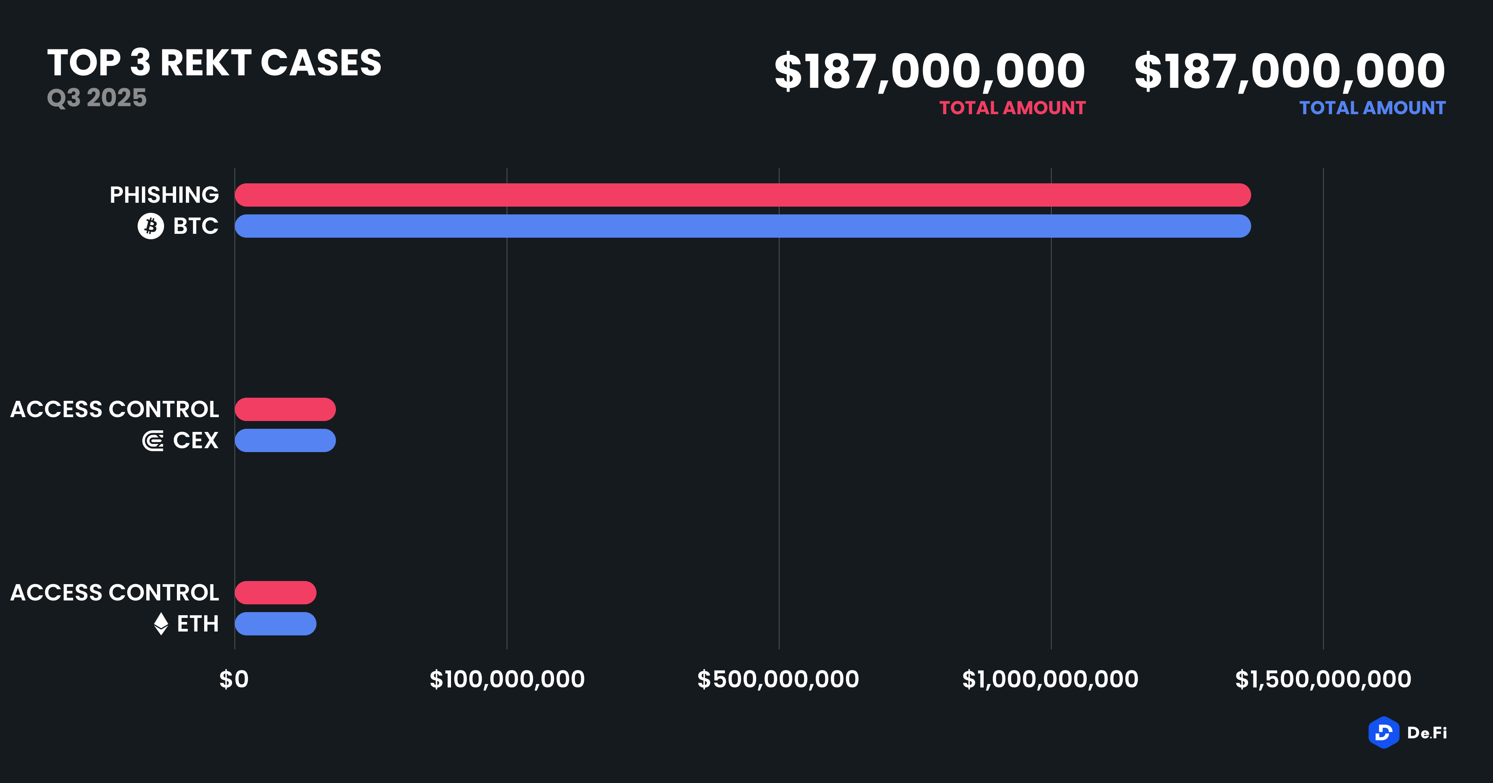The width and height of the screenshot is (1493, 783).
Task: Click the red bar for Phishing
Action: (x=742, y=195)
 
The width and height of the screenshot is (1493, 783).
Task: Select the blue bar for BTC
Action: (x=742, y=226)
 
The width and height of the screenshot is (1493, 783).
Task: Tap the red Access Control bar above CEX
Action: (x=285, y=409)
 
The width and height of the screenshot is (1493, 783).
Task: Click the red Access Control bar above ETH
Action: (x=275, y=592)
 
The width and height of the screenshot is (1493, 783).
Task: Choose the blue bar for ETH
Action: (x=275, y=624)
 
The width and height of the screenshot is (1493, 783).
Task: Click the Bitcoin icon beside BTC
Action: (x=151, y=226)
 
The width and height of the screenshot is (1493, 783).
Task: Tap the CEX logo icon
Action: (x=153, y=441)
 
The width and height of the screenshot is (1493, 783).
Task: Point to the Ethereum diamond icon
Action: (x=161, y=624)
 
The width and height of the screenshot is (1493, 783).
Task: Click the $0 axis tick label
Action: (x=234, y=679)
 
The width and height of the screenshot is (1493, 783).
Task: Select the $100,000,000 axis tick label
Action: (x=507, y=679)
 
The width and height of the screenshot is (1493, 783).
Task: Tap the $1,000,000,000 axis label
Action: (x=1050, y=679)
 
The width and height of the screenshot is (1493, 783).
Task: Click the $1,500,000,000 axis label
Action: (x=1323, y=679)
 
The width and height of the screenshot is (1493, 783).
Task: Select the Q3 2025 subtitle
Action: (x=97, y=97)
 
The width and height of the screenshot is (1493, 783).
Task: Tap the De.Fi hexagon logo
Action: (x=1383, y=733)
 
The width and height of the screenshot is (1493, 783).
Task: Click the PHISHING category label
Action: (x=164, y=195)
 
